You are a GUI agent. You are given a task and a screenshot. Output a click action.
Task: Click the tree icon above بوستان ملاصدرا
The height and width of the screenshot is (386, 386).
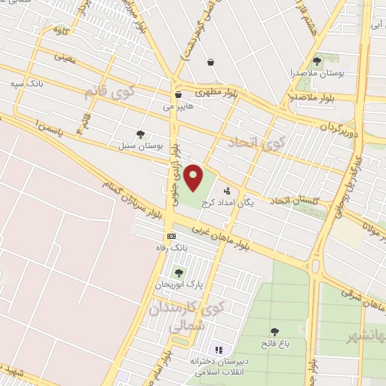point(317,61)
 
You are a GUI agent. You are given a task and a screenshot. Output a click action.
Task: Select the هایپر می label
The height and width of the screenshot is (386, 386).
point(179,107)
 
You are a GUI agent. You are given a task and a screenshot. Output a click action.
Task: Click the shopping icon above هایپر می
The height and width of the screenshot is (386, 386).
point(179,95)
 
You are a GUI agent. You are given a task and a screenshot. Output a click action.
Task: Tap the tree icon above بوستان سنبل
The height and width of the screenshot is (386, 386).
point(140,133)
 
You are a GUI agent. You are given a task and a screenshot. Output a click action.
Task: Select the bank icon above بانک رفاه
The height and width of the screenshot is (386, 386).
point(172,235)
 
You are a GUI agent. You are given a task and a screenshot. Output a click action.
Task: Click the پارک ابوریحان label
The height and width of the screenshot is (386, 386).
point(179,285)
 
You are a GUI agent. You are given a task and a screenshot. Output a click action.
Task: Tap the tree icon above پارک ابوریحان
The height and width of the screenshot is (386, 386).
point(179,273)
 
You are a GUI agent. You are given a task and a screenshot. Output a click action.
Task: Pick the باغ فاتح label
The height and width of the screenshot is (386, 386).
point(274,345)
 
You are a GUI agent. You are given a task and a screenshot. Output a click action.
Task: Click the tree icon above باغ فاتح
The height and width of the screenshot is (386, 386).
point(274,332)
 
